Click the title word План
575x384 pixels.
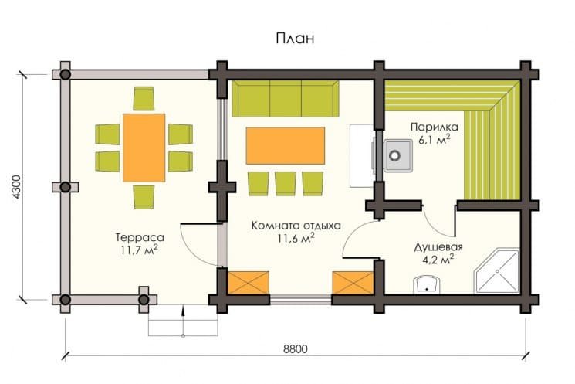(295, 38)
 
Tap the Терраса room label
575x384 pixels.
(140, 237)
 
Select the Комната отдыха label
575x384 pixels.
(296, 225)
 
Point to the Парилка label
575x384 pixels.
(435, 127)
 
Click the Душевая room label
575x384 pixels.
(438, 247)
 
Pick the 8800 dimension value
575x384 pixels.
(295, 348)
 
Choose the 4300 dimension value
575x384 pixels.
(17, 187)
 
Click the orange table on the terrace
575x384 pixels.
(144, 148)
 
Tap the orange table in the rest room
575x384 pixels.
(286, 145)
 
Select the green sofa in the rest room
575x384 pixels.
(285, 99)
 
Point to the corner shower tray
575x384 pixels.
(497, 272)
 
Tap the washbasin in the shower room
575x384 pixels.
(427, 285)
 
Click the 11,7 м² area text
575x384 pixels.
(140, 250)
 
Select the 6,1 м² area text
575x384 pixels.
(435, 140)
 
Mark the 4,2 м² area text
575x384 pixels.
(438, 260)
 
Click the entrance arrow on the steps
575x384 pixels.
(183, 321)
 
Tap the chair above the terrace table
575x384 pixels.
(144, 98)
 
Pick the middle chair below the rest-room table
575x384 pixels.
(286, 184)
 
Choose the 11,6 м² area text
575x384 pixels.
(296, 238)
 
